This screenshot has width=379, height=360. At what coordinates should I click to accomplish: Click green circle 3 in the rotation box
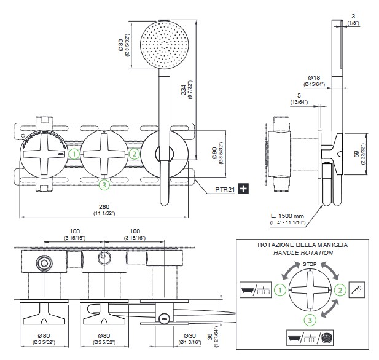click(x=310, y=318)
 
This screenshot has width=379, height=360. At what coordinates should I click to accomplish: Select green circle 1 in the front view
click(x=74, y=154)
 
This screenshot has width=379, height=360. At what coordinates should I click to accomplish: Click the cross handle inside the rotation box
click(x=310, y=289)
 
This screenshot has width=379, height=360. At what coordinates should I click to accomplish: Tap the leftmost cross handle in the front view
click(x=44, y=154)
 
